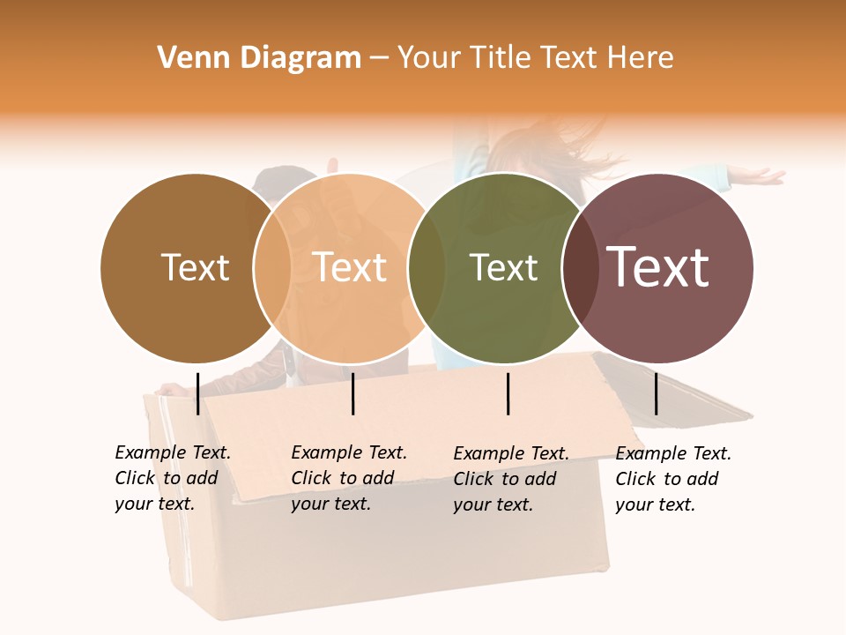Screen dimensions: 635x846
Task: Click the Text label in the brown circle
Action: coord(195,267)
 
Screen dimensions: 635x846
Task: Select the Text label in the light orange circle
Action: coord(350,267)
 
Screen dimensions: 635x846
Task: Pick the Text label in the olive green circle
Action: coord(503,267)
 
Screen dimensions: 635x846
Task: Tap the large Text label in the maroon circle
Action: coord(658,267)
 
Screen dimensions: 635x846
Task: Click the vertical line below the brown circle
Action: coord(197,393)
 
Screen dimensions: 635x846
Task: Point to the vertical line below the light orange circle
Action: coord(352,393)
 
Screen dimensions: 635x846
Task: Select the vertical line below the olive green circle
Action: coord(508,393)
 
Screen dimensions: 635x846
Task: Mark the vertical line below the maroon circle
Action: coord(656,393)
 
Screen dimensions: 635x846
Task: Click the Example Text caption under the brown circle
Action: coord(172,478)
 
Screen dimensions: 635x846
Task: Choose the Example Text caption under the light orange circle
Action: coord(348,478)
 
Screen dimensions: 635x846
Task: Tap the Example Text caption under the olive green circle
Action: coord(510,478)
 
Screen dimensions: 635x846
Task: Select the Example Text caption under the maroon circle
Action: coord(672,478)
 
